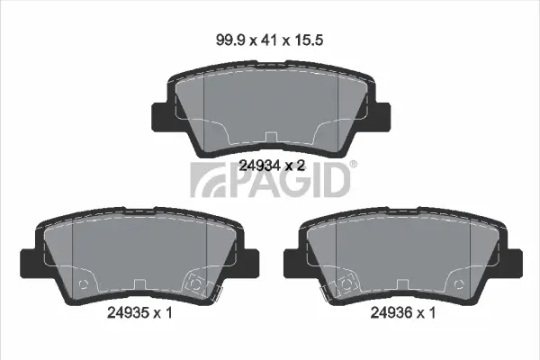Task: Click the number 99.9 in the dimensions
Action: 230,40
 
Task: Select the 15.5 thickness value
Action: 309,40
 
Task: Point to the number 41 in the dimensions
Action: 269,40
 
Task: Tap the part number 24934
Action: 260,166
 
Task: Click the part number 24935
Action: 128,313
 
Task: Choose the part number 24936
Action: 391,313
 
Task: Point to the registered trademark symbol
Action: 354,164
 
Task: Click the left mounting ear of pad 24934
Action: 160,116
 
